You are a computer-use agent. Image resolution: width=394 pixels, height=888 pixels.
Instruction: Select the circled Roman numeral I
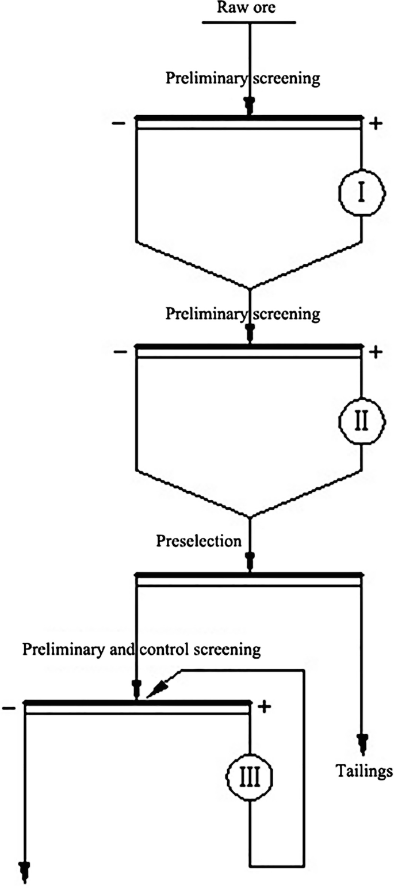(361, 193)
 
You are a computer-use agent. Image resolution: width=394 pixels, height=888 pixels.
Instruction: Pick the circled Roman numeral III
(250, 777)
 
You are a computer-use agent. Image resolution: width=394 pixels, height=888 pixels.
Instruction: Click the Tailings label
(364, 771)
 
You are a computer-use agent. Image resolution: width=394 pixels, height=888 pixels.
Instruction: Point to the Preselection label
(198, 541)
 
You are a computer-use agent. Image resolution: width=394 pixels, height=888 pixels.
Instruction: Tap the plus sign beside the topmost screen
(375, 124)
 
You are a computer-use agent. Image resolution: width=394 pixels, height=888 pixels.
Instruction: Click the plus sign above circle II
(375, 352)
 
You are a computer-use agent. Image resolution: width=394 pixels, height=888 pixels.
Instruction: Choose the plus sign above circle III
(263, 707)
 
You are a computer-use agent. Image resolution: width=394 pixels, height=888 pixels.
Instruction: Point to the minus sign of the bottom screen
(9, 707)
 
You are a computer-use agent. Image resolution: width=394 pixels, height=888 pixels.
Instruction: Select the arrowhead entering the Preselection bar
(250, 560)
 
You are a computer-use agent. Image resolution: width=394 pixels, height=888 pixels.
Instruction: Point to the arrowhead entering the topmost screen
(250, 105)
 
